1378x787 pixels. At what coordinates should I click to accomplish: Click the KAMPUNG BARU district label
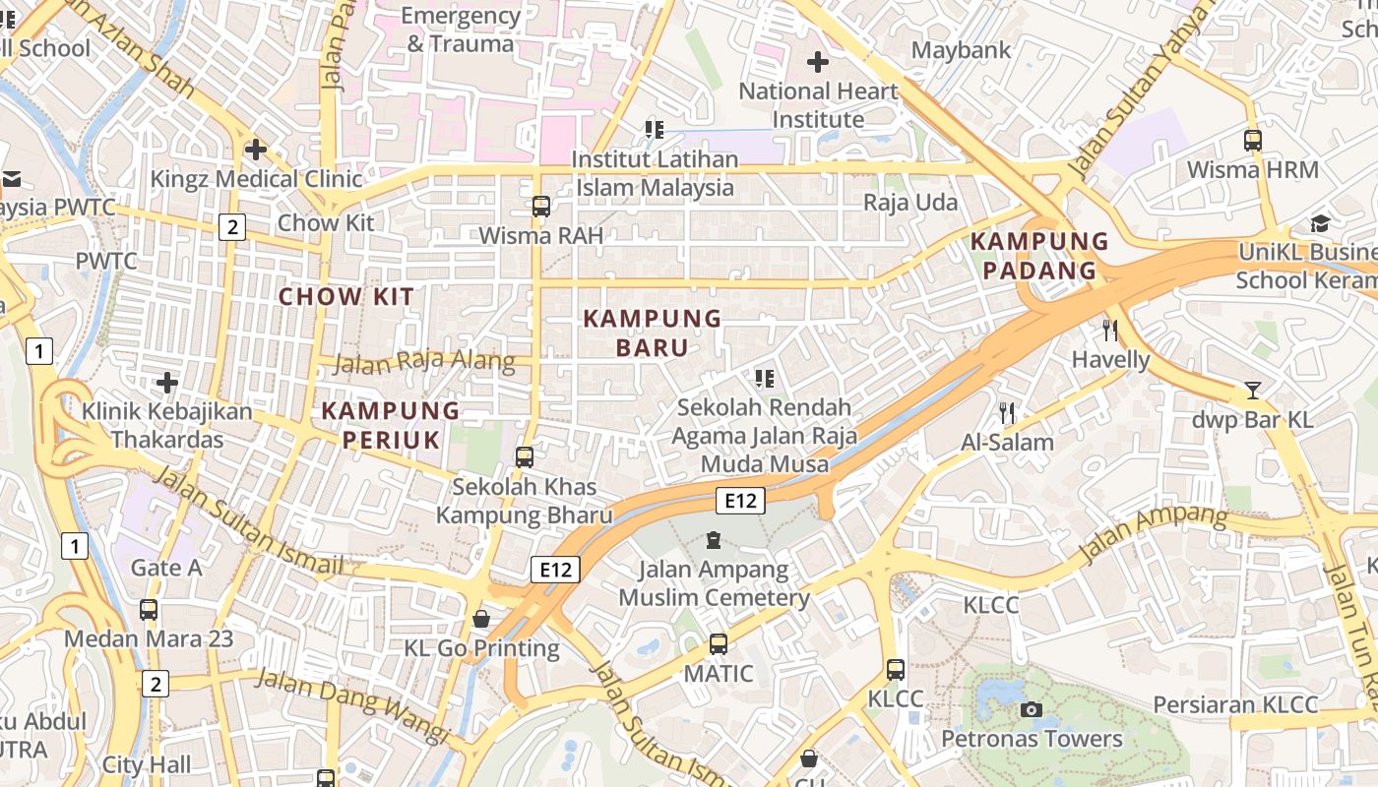point(653,333)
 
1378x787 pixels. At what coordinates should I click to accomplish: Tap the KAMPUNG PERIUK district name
point(391,425)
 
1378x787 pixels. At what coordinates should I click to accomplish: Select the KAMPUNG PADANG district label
point(1039,256)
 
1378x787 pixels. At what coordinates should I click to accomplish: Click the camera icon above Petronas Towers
point(1032,709)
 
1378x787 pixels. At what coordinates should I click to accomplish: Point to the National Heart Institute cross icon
point(817,62)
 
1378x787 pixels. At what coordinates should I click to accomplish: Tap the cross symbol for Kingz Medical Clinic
point(256,150)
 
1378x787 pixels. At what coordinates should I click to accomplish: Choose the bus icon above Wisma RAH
point(540,206)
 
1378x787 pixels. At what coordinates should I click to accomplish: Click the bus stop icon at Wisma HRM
point(1252,140)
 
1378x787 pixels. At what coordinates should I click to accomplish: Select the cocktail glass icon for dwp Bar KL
point(1252,391)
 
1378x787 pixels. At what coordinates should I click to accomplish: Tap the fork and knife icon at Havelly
point(1110,330)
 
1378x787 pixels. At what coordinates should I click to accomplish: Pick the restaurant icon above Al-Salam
point(1006,413)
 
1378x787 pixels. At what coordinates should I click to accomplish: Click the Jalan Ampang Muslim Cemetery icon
point(714,540)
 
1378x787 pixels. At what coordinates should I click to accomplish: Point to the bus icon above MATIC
point(719,644)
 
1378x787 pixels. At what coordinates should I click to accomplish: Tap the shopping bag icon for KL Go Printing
point(481,619)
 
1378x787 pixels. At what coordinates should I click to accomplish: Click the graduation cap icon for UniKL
point(1319,223)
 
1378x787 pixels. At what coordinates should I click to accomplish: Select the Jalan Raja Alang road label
point(424,362)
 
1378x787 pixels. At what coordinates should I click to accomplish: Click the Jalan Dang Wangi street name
point(352,704)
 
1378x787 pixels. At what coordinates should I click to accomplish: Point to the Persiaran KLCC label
point(1234,704)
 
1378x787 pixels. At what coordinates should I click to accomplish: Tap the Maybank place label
point(961,50)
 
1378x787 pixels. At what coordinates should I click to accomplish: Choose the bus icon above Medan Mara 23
point(149,610)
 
